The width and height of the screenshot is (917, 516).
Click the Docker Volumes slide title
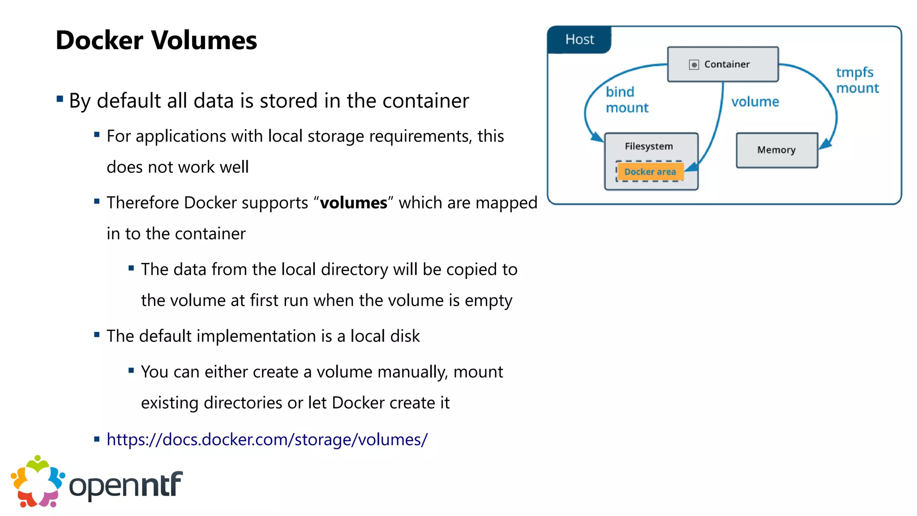[156, 40]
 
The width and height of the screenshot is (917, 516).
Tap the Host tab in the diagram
[579, 39]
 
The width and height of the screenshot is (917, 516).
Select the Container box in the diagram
[723, 64]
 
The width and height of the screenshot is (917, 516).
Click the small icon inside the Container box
[694, 65]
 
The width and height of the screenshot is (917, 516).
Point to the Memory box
[776, 150]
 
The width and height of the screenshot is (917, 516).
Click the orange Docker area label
[650, 172]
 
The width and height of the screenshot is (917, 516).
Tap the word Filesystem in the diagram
[648, 146]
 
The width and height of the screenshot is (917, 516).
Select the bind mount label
[626, 99]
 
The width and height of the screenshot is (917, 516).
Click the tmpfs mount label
[857, 80]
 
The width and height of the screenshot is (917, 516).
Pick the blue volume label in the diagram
[755, 102]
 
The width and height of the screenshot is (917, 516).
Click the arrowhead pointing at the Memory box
[825, 144]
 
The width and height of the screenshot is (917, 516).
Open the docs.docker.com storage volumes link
[267, 439]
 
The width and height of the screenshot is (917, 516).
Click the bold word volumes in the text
[353, 203]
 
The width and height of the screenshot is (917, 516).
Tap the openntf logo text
[126, 485]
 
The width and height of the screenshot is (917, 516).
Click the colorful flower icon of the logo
[38, 482]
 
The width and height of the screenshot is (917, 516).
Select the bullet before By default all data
[60, 99]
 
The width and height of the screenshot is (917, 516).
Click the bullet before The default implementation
[97, 335]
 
